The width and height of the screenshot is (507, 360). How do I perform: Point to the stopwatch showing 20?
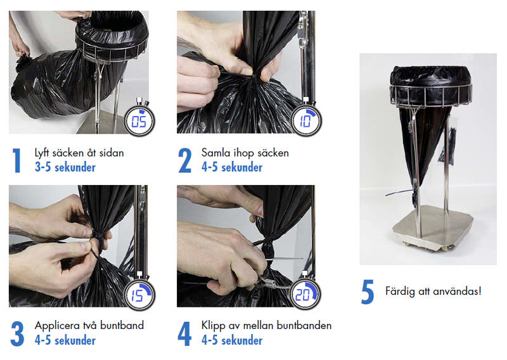click(x=305, y=292)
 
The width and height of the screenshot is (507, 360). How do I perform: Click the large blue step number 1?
click(x=17, y=160)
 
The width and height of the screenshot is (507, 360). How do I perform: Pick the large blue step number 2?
click(x=184, y=160)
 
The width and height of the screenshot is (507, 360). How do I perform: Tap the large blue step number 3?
click(x=17, y=333)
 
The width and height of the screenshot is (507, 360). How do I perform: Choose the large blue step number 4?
click(x=184, y=333)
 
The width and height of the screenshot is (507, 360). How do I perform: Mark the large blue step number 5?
click(x=368, y=292)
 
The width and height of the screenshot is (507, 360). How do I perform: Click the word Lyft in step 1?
click(x=42, y=153)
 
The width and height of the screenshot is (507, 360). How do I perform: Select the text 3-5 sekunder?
click(x=65, y=167)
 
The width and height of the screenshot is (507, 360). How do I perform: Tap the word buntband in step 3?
click(x=122, y=325)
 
